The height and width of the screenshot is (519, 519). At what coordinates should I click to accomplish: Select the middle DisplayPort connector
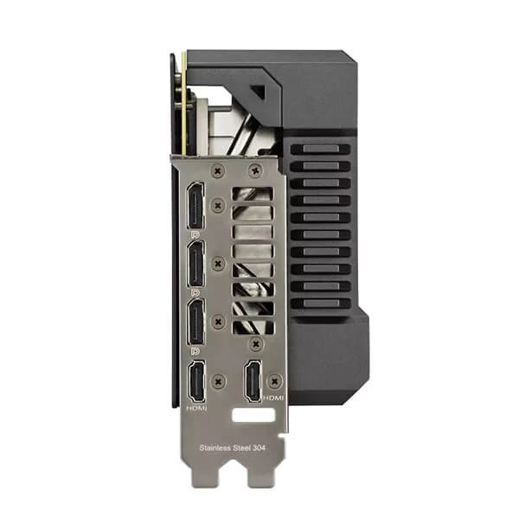pos(195,265)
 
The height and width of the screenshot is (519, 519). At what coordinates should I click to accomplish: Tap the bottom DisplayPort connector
pos(195,322)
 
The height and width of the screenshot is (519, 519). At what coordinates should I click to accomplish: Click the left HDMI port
pos(195,381)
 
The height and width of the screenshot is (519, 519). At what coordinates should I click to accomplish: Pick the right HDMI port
pos(253,381)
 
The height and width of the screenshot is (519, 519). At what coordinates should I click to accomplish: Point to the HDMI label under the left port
pos(196,407)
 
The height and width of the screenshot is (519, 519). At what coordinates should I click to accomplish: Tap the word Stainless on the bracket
pos(215,448)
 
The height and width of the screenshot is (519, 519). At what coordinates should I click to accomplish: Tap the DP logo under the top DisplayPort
pos(195,234)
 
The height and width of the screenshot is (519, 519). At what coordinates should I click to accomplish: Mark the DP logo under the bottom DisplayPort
pos(195,350)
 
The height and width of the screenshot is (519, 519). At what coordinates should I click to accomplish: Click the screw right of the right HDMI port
pos(275,379)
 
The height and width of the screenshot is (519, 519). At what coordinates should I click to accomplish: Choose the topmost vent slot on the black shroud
pos(320,149)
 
